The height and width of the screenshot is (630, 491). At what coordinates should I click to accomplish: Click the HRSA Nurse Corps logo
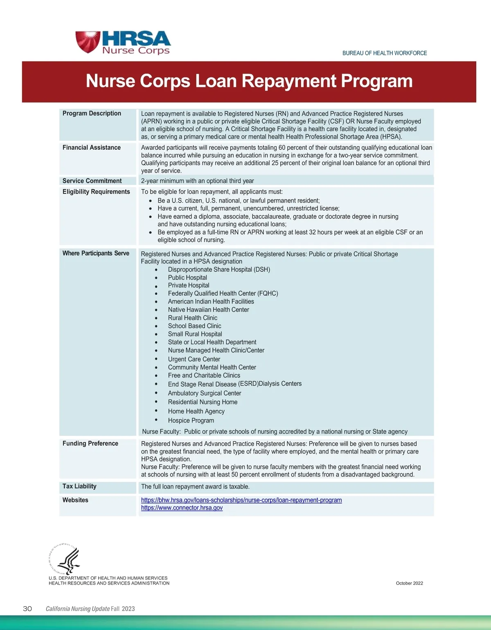tap(123, 43)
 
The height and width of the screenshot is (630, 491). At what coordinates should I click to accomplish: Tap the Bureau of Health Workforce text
tap(384, 53)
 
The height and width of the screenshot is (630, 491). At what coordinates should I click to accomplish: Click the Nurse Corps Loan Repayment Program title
tap(249, 81)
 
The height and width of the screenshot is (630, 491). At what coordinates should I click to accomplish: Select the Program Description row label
tap(92, 113)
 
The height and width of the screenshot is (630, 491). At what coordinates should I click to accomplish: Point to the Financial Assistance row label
tap(91, 147)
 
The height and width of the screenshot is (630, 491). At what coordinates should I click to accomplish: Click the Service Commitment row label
tap(92, 181)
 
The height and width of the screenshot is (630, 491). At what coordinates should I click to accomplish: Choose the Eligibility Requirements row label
tap(96, 191)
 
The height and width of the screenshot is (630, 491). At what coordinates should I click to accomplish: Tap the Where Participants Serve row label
tap(96, 253)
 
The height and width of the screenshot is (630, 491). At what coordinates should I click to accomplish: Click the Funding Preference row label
tap(90, 443)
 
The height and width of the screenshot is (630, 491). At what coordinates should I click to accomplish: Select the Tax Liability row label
tap(79, 486)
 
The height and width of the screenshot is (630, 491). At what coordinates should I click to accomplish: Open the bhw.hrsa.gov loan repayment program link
tap(241, 500)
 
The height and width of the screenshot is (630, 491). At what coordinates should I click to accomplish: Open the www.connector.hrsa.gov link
tap(182, 508)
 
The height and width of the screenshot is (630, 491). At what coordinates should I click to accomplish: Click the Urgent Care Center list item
tap(194, 359)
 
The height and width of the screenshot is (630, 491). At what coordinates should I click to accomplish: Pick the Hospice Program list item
tap(191, 421)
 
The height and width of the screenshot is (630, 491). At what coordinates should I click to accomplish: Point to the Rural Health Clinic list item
tap(192, 318)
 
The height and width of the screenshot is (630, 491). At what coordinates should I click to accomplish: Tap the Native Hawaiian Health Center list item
tap(208, 310)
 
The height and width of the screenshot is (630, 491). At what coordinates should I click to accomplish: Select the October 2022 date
tap(409, 583)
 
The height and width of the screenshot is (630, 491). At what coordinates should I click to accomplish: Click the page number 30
tap(27, 609)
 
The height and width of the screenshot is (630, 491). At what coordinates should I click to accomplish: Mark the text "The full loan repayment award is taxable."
tap(195, 487)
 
